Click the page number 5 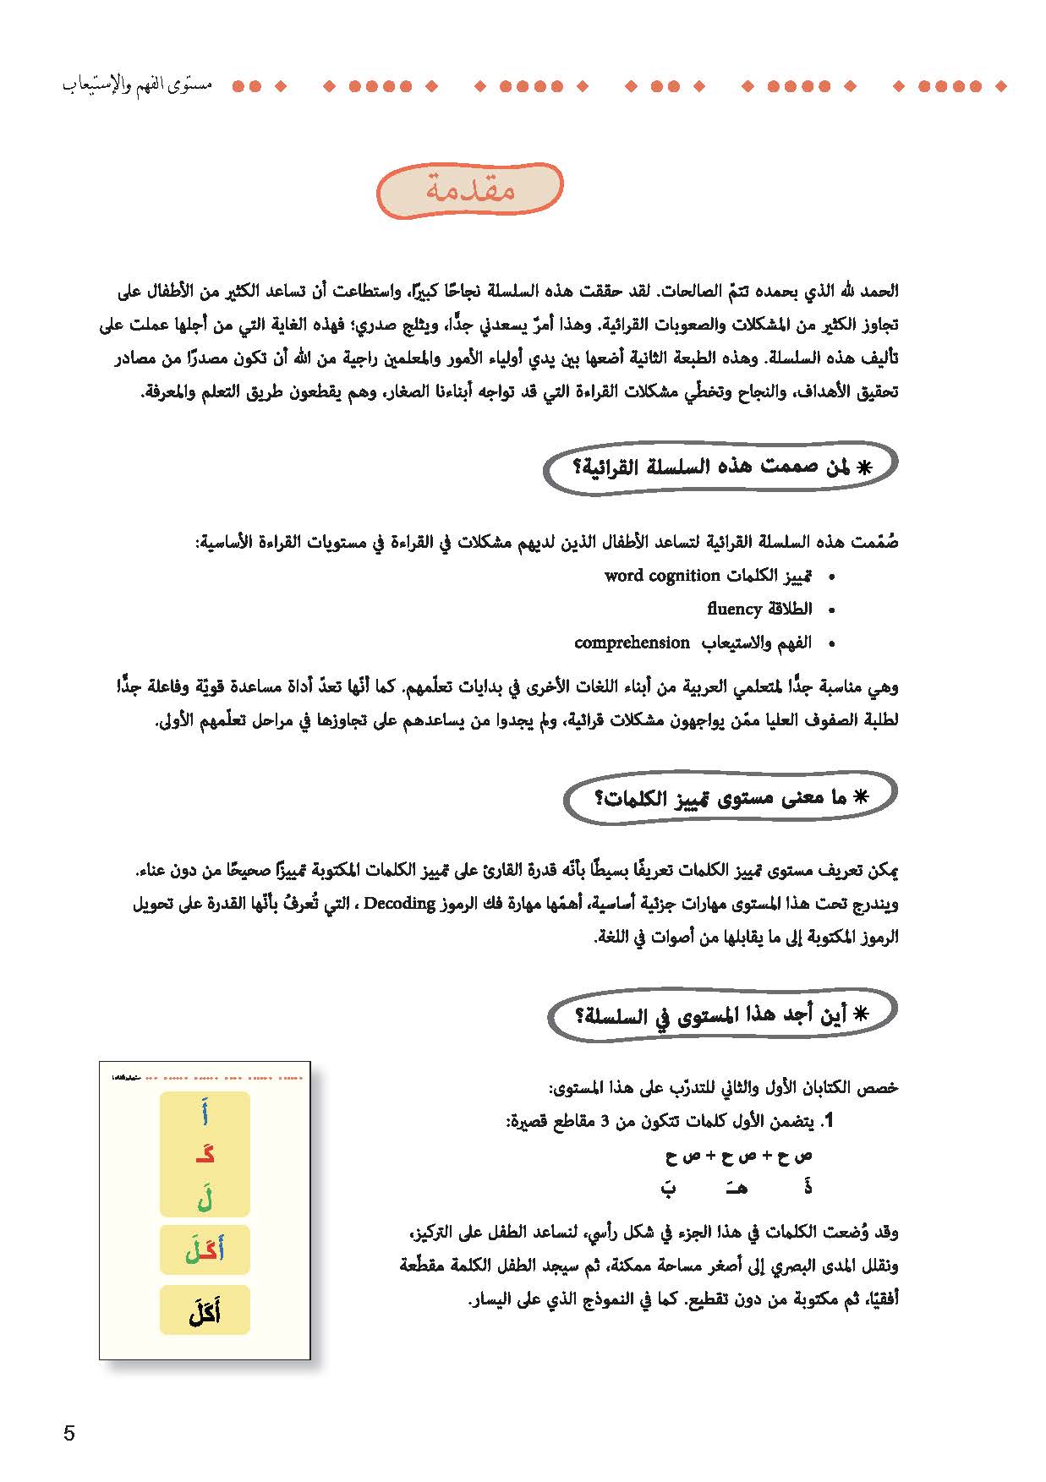point(69,1433)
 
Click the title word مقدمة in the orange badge point(469,190)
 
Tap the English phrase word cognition point(662,576)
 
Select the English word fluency point(735,609)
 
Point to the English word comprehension point(632,643)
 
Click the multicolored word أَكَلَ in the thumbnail point(205,1250)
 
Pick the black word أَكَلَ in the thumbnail point(205,1311)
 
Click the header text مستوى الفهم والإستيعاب point(137,85)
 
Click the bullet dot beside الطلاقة point(832,610)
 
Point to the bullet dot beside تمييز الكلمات point(832,577)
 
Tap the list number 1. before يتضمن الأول point(829,1121)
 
